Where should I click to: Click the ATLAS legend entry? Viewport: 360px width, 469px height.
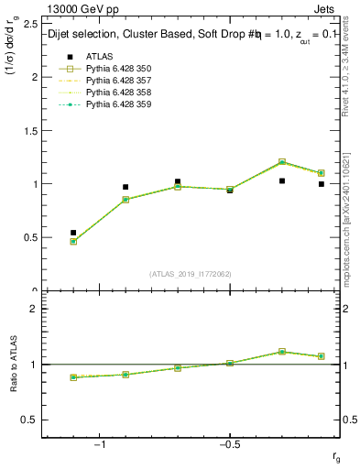(99, 57)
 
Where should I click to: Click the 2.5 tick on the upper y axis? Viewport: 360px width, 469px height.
(30, 24)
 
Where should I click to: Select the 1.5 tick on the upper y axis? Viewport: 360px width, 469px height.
(30, 131)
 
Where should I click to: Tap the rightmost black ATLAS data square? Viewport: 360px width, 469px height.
(322, 184)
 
